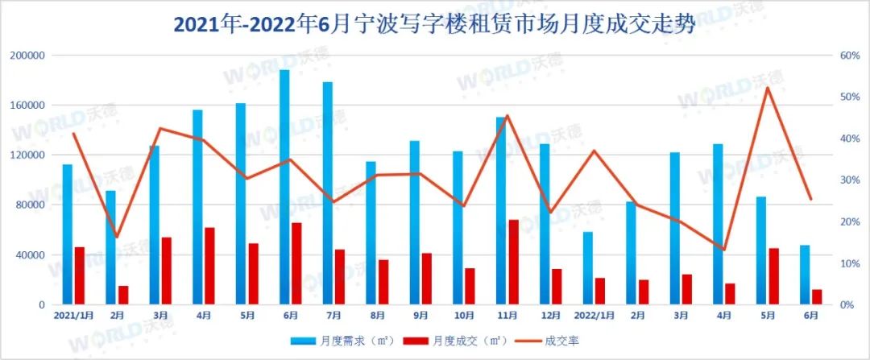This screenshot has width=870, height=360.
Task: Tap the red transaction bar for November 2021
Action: (513, 262)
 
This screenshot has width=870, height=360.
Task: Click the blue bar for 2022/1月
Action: (588, 268)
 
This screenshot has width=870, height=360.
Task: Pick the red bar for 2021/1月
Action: (80, 275)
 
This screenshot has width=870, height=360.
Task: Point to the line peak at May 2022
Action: (768, 87)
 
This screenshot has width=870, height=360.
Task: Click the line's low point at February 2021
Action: (117, 237)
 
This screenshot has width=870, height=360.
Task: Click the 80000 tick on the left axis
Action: (29, 205)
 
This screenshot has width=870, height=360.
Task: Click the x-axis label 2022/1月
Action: (594, 315)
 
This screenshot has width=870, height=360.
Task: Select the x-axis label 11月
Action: (507, 315)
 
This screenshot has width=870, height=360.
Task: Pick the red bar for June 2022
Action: (817, 296)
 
